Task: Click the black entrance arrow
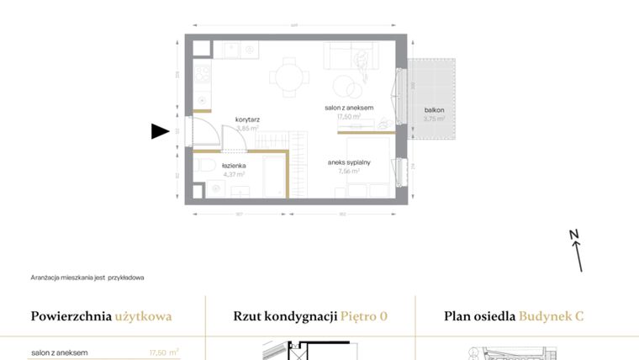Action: (x=160, y=131)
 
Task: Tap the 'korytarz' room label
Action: (x=247, y=120)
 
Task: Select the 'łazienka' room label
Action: (x=234, y=167)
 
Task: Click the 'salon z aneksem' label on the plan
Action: (x=349, y=109)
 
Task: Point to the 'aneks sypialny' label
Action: (x=349, y=162)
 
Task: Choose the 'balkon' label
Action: (x=434, y=110)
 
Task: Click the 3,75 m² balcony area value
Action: (x=434, y=119)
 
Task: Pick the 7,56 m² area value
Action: (x=349, y=172)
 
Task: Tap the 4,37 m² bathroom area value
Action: (x=234, y=176)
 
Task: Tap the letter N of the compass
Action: (x=573, y=235)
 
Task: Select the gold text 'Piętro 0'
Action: (x=364, y=317)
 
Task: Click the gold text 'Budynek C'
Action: (x=551, y=317)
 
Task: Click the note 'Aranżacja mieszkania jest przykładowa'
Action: (x=87, y=278)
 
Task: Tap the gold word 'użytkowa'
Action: (x=144, y=317)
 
